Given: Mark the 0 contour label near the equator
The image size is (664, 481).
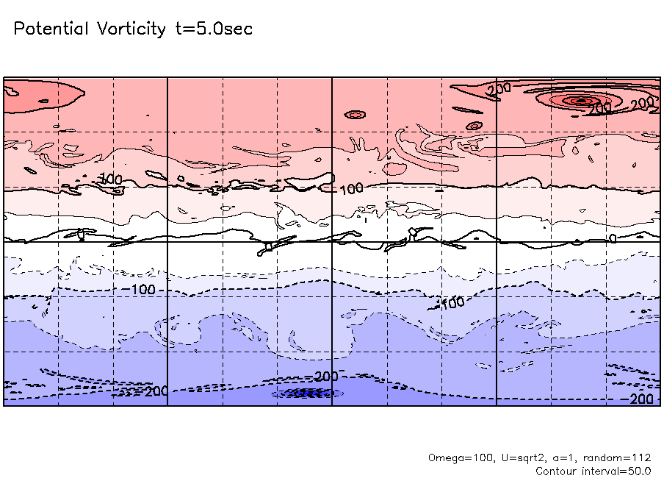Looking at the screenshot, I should pyautogui.click(x=613, y=238).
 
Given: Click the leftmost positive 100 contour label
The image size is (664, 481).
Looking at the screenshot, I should pyautogui.click(x=110, y=179).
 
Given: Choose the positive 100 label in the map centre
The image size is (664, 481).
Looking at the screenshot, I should pyautogui.click(x=352, y=189).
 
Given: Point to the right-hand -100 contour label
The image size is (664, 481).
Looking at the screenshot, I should pyautogui.click(x=452, y=302).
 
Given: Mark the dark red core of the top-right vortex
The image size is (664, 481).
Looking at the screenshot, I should pyautogui.click(x=580, y=100).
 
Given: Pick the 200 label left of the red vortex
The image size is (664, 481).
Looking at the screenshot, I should pyautogui.click(x=499, y=90).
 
